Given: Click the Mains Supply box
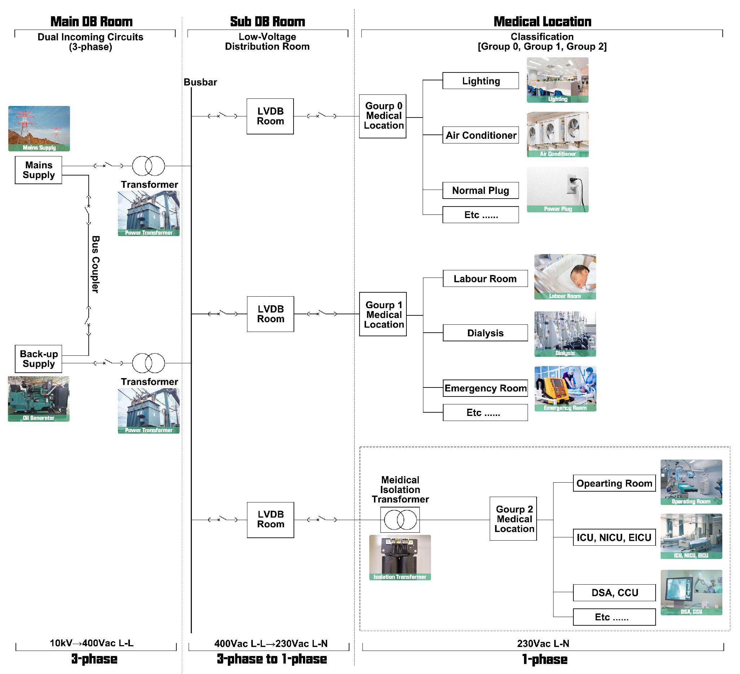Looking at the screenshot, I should [x=38, y=170].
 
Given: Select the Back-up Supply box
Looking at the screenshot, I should [x=38, y=359].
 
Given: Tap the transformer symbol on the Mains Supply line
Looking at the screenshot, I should [x=148, y=166].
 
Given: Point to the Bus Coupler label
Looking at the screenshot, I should [x=96, y=264].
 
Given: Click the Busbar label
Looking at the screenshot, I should [x=200, y=82].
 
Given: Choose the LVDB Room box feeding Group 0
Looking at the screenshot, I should [x=270, y=116].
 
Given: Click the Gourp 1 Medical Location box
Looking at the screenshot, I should [x=383, y=314].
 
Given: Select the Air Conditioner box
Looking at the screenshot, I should [x=480, y=136].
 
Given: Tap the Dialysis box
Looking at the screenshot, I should [x=485, y=333].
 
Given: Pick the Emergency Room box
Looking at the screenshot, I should [x=485, y=388].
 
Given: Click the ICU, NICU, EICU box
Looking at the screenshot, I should [x=614, y=537].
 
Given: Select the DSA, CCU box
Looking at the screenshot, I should [x=614, y=593].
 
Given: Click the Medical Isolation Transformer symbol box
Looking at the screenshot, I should [x=400, y=520].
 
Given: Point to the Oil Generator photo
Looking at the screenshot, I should [x=39, y=399].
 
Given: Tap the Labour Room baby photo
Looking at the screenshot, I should [x=565, y=277].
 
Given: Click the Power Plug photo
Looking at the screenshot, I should [x=558, y=190].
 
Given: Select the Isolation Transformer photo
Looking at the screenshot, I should [x=400, y=557].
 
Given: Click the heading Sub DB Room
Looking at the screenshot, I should [x=268, y=22].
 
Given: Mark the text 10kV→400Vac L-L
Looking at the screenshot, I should [x=91, y=643].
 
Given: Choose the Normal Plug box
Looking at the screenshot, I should [x=480, y=190].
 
